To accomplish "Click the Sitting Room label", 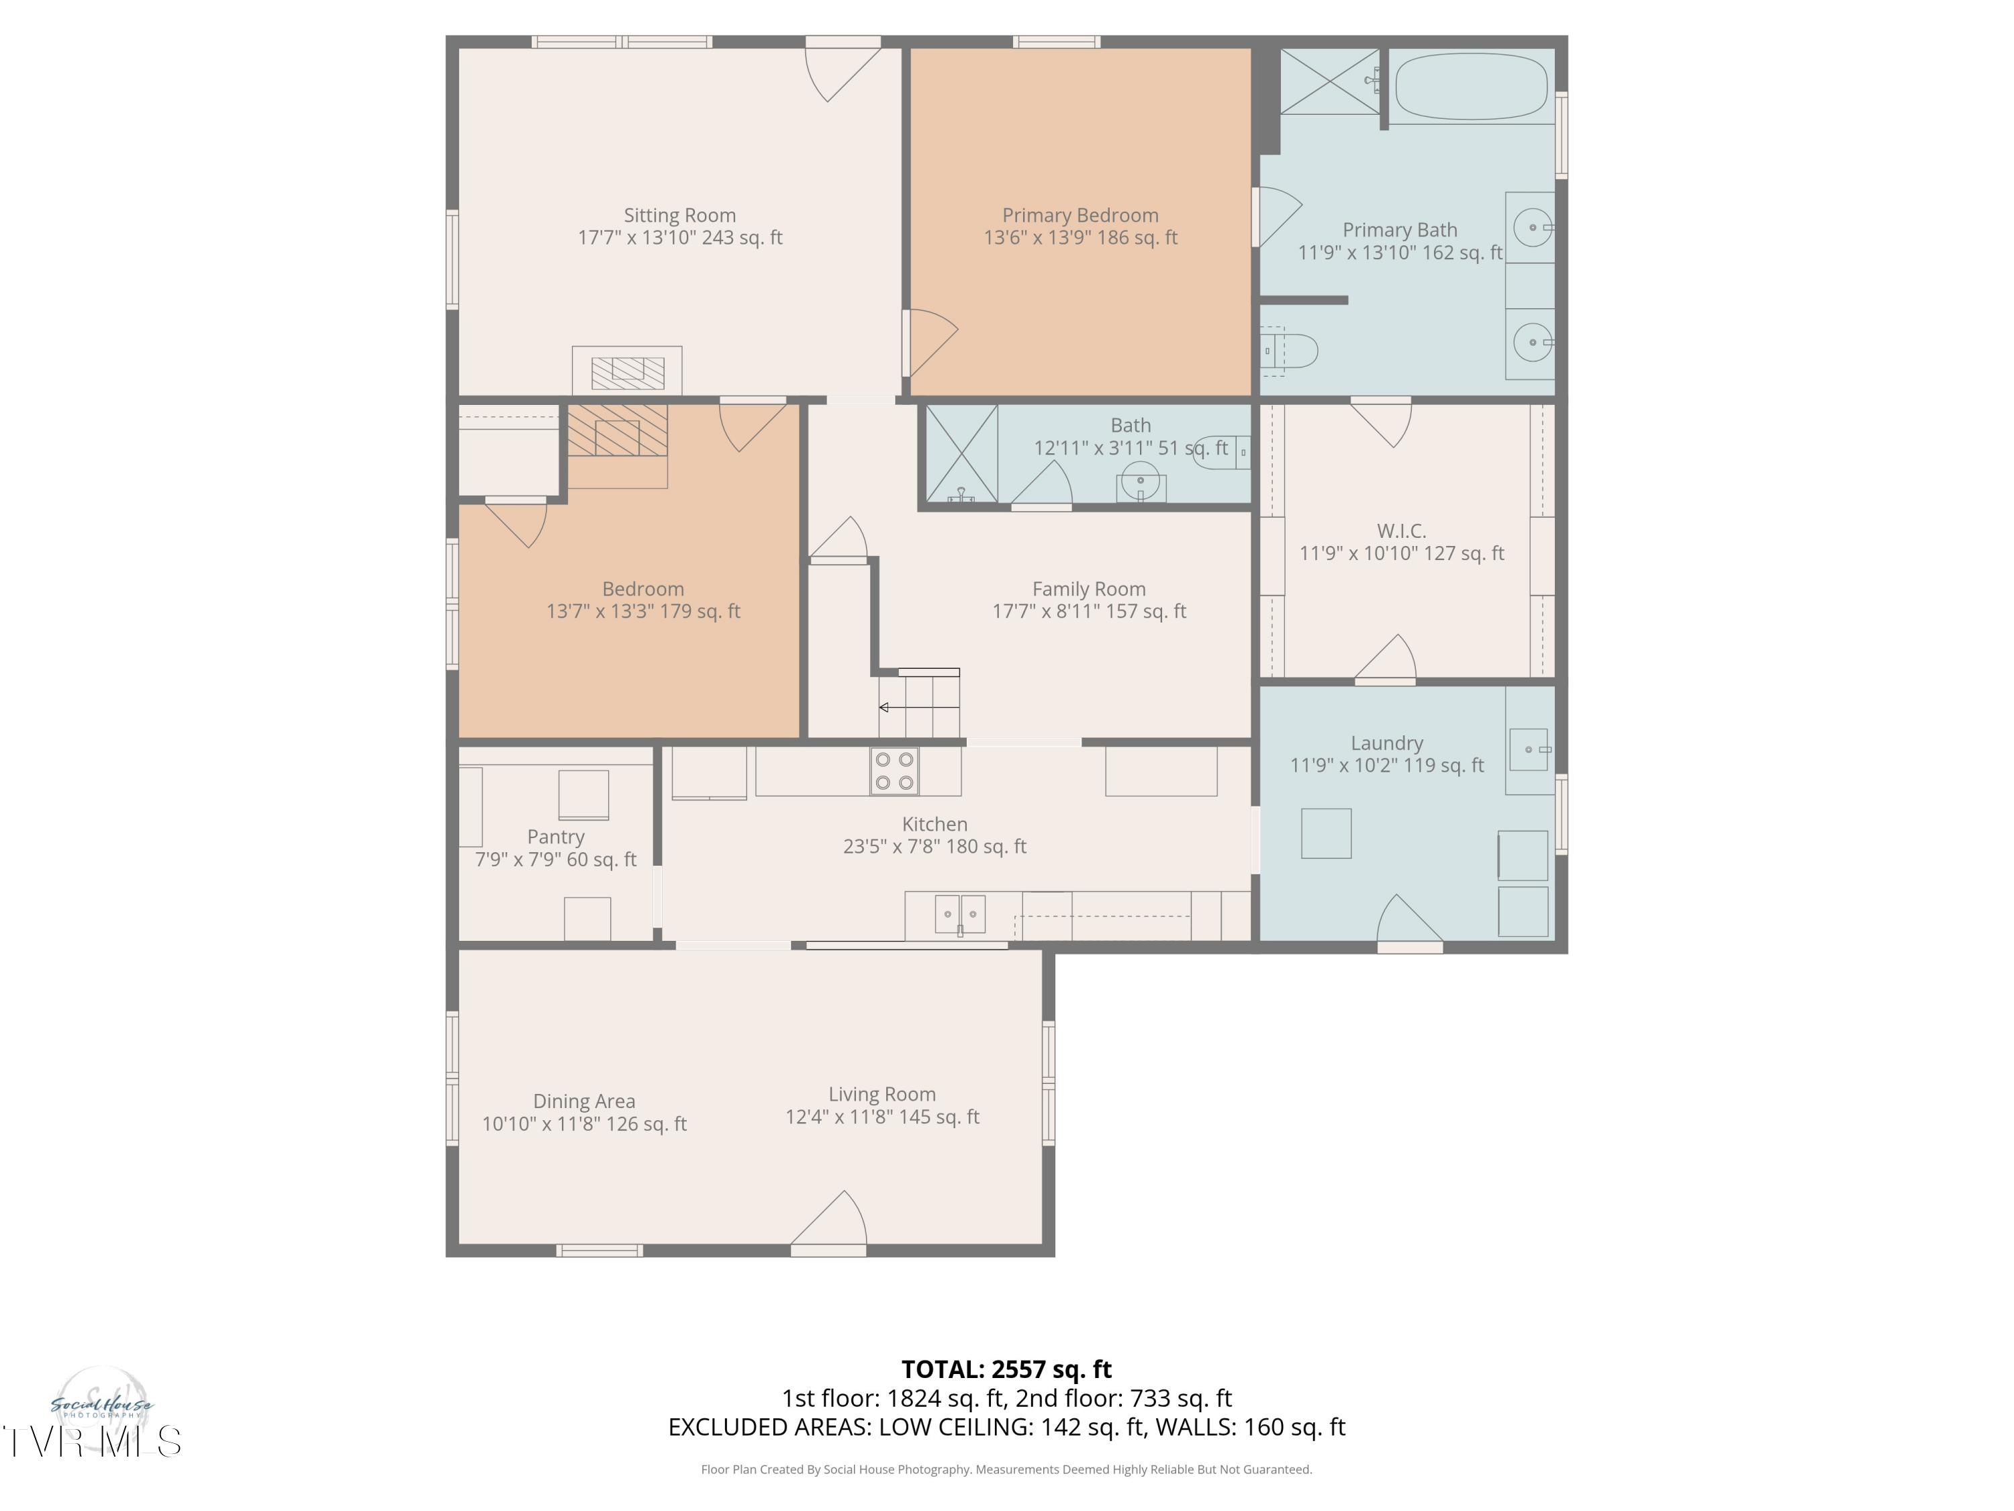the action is (679, 216).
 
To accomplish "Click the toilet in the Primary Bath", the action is (1289, 351).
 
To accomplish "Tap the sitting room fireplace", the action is (627, 371).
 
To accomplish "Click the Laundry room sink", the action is (1529, 749).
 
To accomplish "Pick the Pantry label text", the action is (555, 837).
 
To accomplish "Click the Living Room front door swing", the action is (828, 1218).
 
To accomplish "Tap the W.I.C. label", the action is (1401, 531).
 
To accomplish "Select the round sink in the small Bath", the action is (1141, 481).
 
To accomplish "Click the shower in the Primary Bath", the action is (1330, 81).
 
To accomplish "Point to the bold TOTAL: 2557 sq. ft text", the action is (1006, 1370).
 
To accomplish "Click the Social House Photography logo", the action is (101, 1407).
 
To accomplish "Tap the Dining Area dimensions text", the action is (585, 1124).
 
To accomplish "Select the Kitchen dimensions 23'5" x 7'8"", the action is (892, 846).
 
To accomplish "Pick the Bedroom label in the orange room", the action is (643, 589).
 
